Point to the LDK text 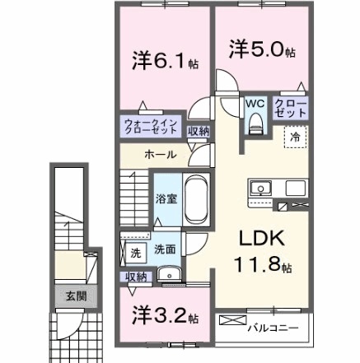click(x=261, y=238)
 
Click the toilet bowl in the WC click(x=254, y=124)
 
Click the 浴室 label click(x=164, y=198)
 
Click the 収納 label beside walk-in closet click(x=198, y=131)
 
